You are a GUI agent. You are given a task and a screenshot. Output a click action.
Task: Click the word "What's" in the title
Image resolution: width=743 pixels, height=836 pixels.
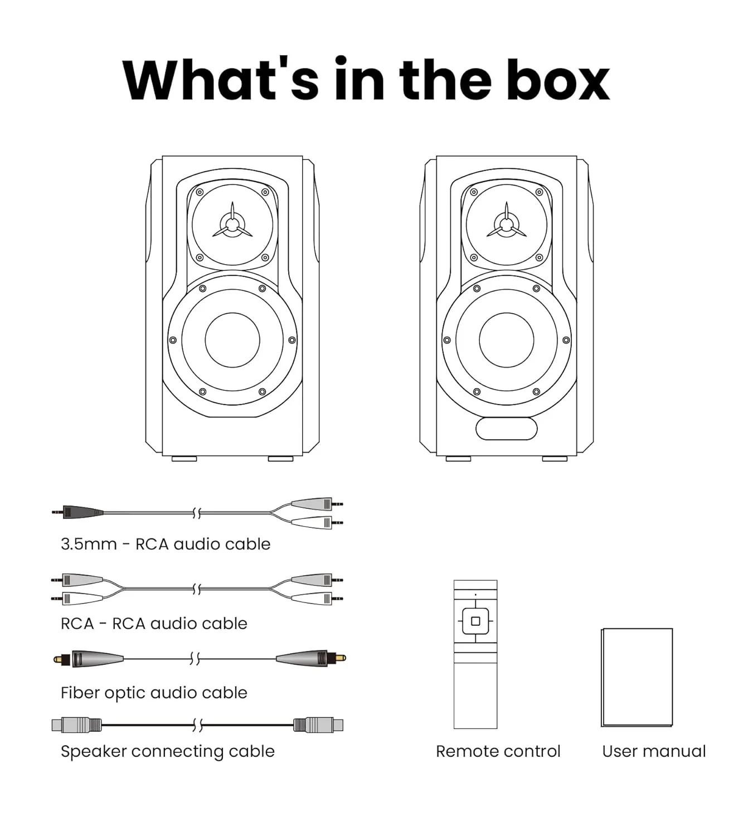click(220, 79)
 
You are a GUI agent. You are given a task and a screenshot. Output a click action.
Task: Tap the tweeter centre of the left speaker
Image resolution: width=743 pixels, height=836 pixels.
click(232, 225)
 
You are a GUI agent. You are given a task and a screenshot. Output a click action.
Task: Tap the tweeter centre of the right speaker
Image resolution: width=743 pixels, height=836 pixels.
click(507, 225)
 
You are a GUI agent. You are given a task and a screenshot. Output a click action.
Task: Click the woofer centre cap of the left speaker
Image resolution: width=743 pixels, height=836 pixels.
click(232, 340)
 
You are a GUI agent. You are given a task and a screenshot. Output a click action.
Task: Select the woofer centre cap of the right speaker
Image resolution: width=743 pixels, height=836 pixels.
click(507, 340)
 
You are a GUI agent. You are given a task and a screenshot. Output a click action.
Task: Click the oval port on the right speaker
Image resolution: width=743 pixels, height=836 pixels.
click(507, 429)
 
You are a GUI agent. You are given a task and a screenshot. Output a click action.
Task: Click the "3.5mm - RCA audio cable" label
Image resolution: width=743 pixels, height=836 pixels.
click(166, 545)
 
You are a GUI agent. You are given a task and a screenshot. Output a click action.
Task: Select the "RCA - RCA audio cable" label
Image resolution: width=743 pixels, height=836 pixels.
click(154, 624)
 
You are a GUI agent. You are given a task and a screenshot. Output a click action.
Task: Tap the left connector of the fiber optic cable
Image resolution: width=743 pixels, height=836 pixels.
click(88, 659)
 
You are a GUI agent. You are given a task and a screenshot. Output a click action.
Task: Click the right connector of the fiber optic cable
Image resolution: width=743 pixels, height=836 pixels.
click(311, 659)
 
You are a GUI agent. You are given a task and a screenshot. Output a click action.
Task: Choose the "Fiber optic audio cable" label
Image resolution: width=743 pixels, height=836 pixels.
click(154, 693)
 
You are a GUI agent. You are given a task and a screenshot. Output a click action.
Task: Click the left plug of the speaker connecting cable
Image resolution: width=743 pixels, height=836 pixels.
click(77, 725)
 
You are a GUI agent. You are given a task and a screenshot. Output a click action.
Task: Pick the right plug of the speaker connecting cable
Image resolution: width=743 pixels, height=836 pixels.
click(318, 725)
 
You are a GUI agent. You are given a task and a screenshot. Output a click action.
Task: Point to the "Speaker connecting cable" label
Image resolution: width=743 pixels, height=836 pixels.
click(168, 751)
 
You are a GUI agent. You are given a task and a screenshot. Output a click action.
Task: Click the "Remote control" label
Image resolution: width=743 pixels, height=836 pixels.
click(498, 751)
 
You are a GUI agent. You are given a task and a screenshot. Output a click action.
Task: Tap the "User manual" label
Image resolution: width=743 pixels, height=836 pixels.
click(654, 751)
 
